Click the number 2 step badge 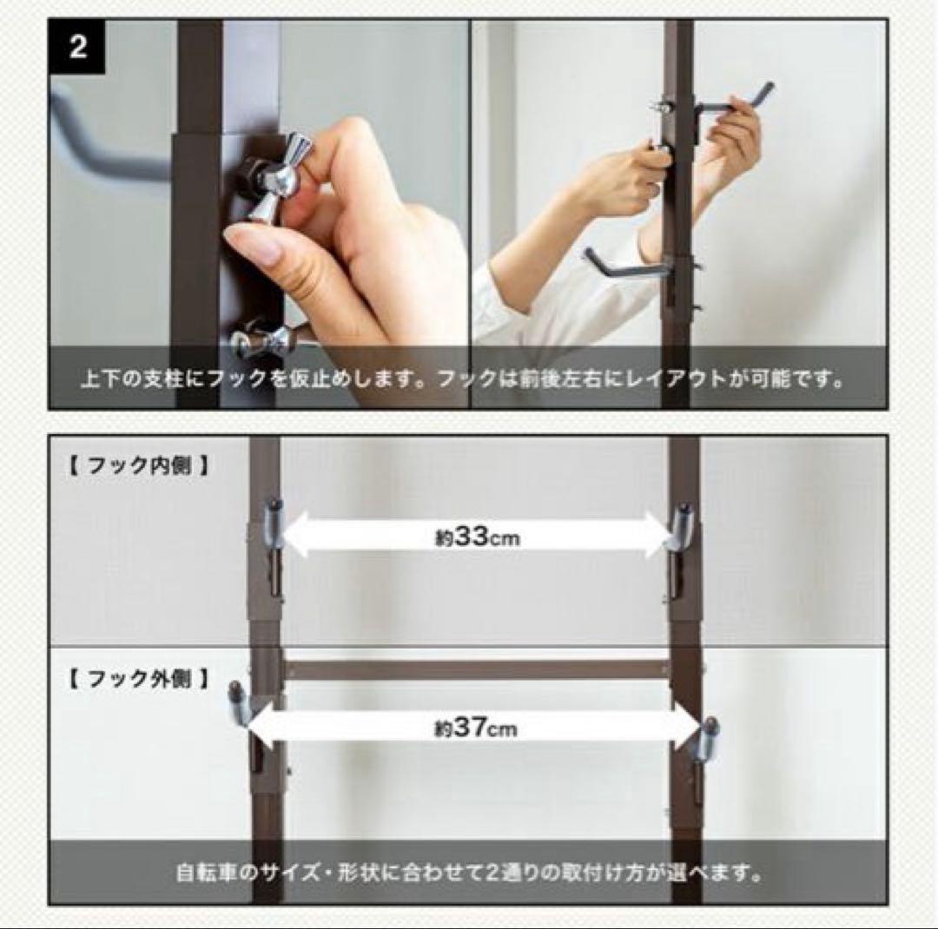[x=77, y=47]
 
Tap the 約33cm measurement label [x=477, y=537]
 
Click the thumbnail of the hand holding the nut [x=259, y=214]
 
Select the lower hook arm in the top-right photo [x=622, y=264]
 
